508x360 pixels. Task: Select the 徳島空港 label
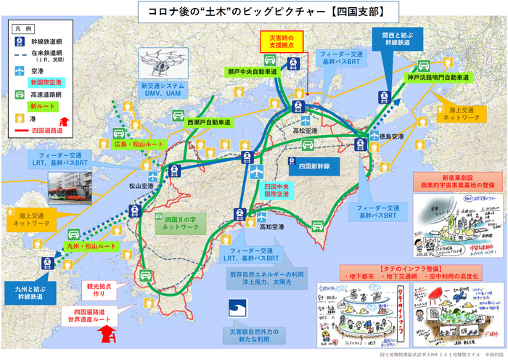click(x=372, y=134)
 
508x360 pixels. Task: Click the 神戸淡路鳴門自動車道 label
click(x=438, y=76)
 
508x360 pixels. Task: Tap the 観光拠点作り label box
click(x=100, y=290)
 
